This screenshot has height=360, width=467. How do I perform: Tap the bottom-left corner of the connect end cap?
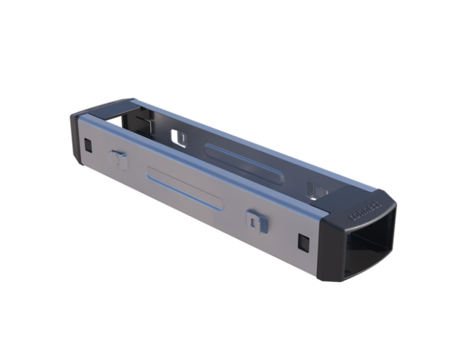(324, 277)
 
